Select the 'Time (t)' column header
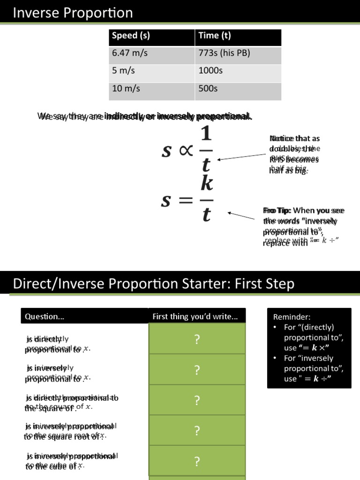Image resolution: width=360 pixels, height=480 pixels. [215, 36]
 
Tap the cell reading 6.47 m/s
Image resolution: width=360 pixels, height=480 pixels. [130, 53]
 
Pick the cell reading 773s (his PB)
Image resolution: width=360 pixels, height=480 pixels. [224, 53]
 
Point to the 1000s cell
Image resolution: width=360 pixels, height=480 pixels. [210, 71]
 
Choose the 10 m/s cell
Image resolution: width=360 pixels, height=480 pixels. [126, 88]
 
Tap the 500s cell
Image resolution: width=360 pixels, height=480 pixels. [208, 88]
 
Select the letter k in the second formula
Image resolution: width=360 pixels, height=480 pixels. [207, 184]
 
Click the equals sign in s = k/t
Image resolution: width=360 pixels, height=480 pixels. [186, 201]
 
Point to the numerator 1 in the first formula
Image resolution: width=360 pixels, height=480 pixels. [206, 136]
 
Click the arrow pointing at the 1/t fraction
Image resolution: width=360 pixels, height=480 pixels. [242, 156]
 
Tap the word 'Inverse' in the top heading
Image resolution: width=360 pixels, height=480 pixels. [33, 13]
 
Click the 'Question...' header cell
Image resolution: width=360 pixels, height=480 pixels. [45, 316]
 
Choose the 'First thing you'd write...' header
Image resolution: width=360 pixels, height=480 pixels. [195, 316]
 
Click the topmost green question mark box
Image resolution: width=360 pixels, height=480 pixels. [197, 339]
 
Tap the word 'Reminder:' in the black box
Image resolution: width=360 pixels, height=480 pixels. [292, 317]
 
